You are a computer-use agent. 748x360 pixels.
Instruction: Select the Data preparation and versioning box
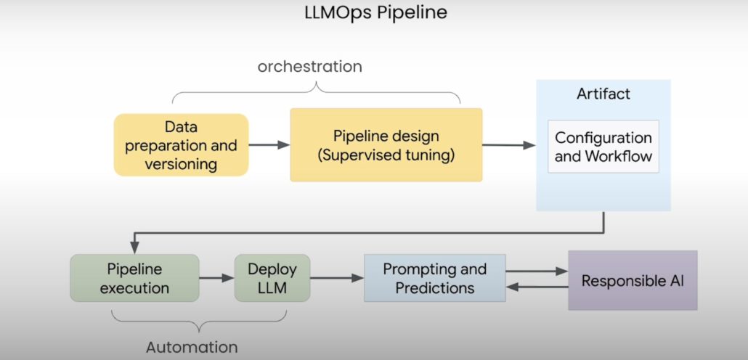point(181,144)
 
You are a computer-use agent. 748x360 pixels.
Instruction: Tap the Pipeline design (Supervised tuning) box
point(386,144)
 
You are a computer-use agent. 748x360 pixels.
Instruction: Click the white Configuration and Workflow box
point(603,147)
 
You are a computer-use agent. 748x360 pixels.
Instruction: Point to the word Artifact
point(603,94)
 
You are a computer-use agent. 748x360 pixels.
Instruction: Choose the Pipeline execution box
point(134,278)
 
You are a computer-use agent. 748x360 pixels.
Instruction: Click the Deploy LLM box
point(272,278)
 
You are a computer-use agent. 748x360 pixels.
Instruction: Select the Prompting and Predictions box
point(434,278)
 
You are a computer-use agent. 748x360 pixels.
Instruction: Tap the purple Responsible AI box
point(632,280)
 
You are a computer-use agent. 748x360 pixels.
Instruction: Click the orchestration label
point(309,67)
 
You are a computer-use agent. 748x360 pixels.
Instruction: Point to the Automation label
point(192,347)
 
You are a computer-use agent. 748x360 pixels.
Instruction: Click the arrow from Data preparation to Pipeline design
point(269,145)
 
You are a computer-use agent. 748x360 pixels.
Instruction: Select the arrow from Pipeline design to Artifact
point(508,145)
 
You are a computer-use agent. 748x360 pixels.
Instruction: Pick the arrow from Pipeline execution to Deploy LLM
point(216,278)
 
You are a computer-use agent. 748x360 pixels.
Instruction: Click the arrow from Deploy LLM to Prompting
point(337,278)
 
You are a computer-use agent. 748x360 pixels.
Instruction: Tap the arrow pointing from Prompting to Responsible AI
point(537,271)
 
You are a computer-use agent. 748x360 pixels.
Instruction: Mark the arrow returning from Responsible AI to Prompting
point(537,287)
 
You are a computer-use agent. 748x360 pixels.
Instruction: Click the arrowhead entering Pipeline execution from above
point(134,247)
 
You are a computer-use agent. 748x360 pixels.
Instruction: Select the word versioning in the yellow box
point(181,163)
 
